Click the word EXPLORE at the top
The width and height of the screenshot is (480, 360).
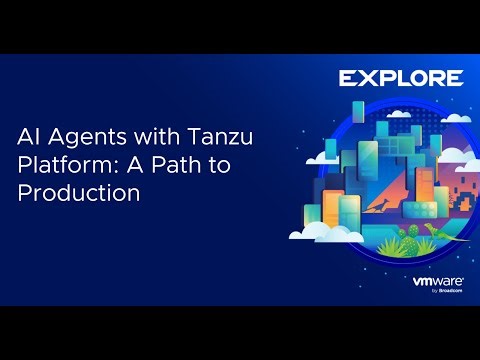click(400, 78)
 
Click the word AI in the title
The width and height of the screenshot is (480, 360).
click(27, 137)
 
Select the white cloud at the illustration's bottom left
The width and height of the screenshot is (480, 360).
click(319, 231)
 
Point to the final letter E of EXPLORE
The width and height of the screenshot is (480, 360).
click(454, 78)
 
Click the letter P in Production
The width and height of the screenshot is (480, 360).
click(24, 194)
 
